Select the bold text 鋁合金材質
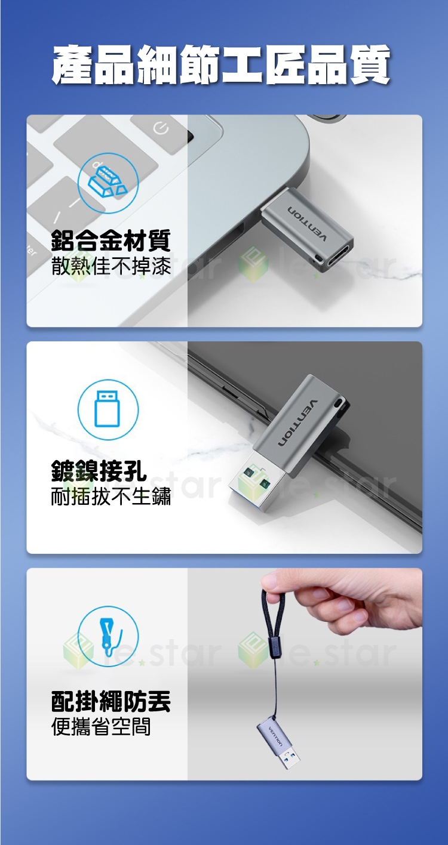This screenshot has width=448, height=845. click(111, 240)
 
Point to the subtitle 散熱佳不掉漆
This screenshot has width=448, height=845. click(111, 266)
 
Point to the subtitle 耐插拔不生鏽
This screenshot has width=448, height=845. click(111, 496)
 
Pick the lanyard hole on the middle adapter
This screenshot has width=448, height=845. click(336, 403)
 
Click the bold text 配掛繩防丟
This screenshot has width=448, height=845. click(111, 702)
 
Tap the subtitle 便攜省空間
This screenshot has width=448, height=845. click(101, 727)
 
